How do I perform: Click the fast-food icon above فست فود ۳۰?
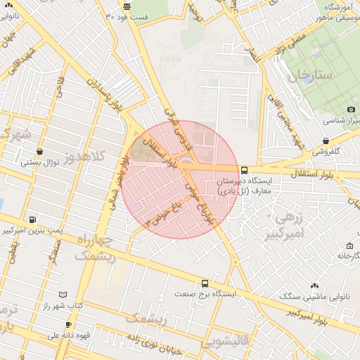(127, 6)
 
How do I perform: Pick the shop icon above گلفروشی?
(325, 141)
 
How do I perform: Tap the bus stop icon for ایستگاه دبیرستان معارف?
(244, 170)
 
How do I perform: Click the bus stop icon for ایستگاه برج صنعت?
(205, 283)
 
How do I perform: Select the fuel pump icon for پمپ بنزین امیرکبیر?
(32, 220)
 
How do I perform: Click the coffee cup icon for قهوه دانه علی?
(68, 325)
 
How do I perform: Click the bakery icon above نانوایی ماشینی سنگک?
(314, 286)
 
